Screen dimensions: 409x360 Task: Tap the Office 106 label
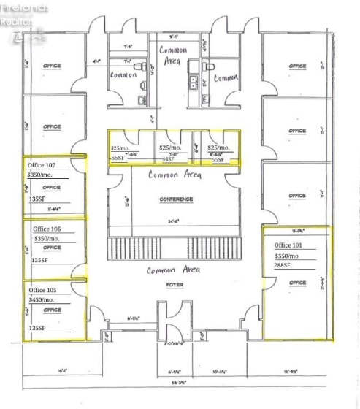[x=47, y=229]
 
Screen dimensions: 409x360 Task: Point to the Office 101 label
[x=290, y=245]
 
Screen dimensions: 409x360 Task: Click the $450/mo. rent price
[x=43, y=299]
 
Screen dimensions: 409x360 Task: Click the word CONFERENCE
[x=175, y=199]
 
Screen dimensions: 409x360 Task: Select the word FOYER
[x=175, y=285]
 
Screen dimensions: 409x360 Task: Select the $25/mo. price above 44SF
[x=169, y=148]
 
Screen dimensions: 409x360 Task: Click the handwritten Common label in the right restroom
[x=227, y=77]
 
